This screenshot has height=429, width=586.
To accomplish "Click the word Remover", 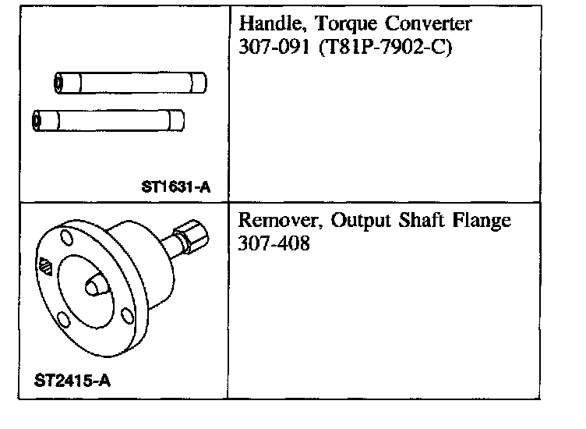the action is point(277,221).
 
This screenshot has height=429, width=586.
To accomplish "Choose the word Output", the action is point(357,221).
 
